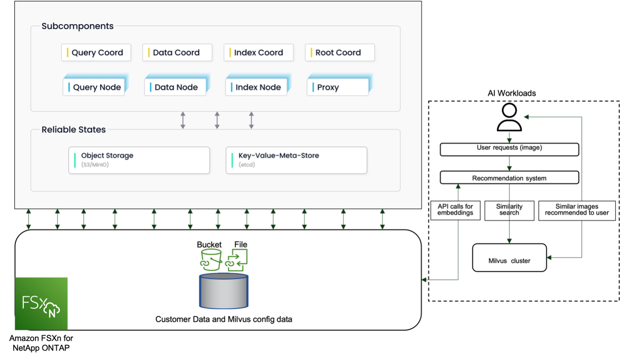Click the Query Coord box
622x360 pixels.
[96, 52]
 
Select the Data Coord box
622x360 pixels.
[177, 52]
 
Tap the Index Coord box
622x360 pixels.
[258, 52]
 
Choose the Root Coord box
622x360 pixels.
[340, 52]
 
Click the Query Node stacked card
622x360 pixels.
[94, 87]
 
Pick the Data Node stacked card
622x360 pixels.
[175, 87]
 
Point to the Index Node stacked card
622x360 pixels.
[256, 87]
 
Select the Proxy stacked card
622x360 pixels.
[338, 87]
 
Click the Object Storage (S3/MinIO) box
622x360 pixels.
[139, 160]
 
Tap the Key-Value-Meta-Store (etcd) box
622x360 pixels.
[296, 160]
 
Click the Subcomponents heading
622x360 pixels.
[78, 26]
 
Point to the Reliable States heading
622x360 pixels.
[74, 130]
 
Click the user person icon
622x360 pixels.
[509, 117]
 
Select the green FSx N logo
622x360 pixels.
[42, 303]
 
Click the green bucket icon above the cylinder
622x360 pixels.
[211, 259]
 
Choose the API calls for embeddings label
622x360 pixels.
[455, 210]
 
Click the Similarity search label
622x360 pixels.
[509, 210]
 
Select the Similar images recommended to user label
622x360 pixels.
[577, 210]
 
